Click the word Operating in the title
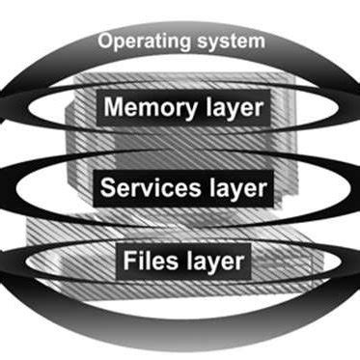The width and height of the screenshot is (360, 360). (x=142, y=42)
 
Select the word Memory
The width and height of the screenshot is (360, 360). (x=150, y=107)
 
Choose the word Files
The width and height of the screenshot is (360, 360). (x=148, y=261)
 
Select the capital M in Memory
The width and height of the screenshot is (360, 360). (x=114, y=107)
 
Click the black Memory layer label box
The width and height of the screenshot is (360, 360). (x=180, y=107)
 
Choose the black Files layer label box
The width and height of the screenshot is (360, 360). (x=180, y=261)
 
